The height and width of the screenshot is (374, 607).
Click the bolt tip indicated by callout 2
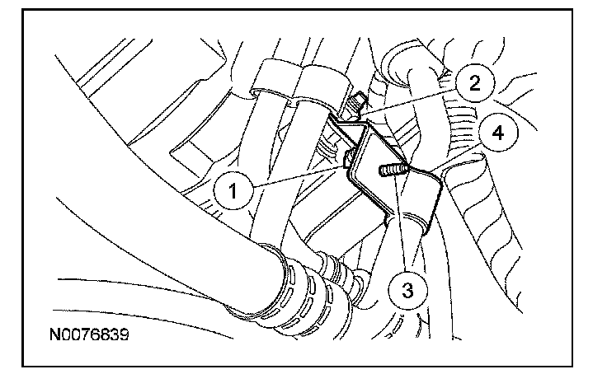tap(355, 105)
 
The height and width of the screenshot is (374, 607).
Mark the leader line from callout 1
tap(297, 177)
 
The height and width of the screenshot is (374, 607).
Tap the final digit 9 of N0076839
tap(125, 337)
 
